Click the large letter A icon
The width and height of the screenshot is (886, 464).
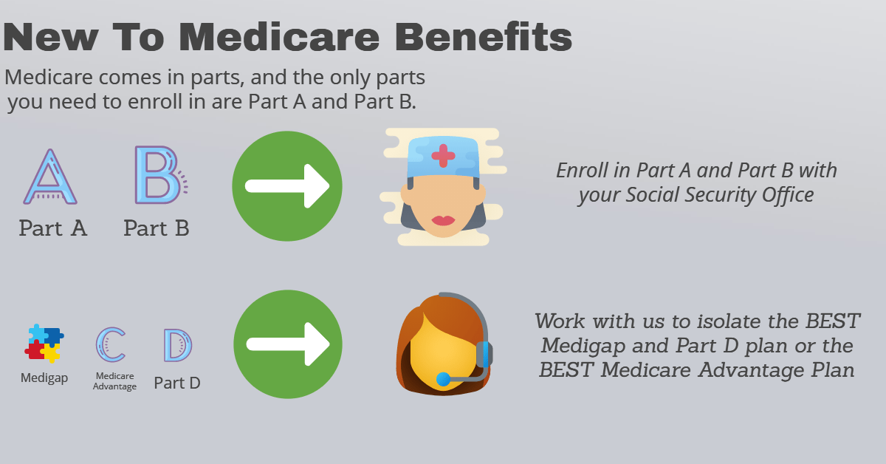pyautogui.click(x=50, y=177)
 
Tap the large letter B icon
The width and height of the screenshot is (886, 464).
pyautogui.click(x=157, y=175)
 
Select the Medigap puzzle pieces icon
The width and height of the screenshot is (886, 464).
pyautogui.click(x=44, y=343)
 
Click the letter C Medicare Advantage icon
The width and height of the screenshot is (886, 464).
pyautogui.click(x=111, y=344)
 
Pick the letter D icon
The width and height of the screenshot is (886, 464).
pyautogui.click(x=177, y=345)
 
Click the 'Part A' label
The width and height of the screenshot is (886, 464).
pyautogui.click(x=53, y=228)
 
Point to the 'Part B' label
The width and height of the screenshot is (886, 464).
pyautogui.click(x=157, y=228)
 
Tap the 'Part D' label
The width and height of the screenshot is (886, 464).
pyautogui.click(x=177, y=383)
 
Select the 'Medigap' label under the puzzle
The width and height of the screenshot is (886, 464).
pyautogui.click(x=44, y=378)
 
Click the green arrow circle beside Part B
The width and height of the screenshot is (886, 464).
pyautogui.click(x=287, y=185)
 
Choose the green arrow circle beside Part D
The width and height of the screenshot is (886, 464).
pyautogui.click(x=287, y=344)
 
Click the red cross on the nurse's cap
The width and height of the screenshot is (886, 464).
pyautogui.click(x=443, y=155)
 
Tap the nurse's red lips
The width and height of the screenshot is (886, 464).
pyautogui.click(x=443, y=220)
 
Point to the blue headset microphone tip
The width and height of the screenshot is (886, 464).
pyautogui.click(x=443, y=380)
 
